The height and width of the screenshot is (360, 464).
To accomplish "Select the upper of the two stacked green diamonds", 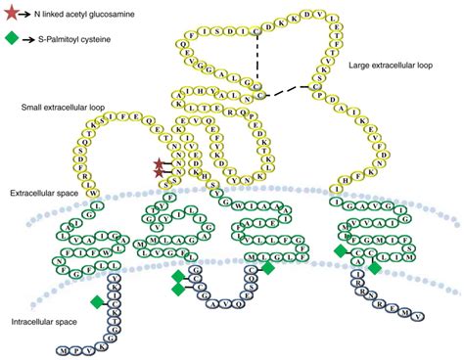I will [178, 277].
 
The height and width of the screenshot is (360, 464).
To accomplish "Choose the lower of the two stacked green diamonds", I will [178, 290].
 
